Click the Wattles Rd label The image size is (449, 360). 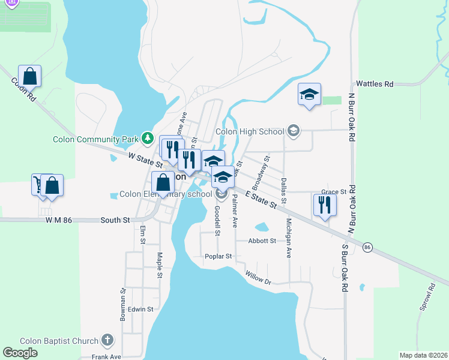375,84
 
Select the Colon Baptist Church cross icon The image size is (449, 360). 107,341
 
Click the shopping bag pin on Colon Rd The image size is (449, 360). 29,76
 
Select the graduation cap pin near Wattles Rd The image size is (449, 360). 309,94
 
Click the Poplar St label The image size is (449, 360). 218,256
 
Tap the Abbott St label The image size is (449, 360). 262,241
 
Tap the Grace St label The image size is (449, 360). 334,192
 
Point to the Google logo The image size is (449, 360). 20,353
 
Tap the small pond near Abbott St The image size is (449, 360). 262,227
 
